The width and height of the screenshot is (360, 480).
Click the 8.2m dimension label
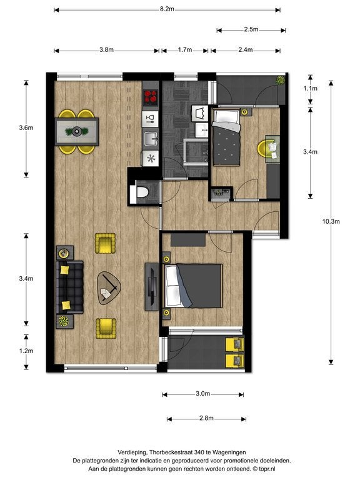tap(167, 9)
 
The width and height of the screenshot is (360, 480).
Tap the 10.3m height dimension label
tap(331, 221)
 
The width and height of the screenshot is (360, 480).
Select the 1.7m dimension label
tap(185, 49)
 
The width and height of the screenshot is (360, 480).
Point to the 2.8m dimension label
tap(206, 418)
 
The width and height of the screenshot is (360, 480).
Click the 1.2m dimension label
tap(26, 351)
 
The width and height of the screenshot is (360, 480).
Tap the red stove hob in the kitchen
tap(151, 97)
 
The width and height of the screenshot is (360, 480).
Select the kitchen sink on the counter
tap(150, 138)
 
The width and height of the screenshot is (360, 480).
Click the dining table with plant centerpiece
tap(77, 132)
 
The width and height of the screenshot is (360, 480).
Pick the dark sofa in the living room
tap(70, 287)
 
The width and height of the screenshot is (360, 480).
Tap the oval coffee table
tap(109, 288)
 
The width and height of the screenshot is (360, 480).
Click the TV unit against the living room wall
tap(152, 286)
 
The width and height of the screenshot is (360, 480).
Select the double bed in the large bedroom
tap(193, 286)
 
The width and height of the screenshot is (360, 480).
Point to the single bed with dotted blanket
tap(226, 138)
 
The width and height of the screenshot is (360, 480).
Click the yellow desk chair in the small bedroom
tap(263, 149)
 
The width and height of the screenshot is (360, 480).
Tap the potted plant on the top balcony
tap(280, 80)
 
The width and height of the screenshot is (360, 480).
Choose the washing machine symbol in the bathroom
tap(200, 114)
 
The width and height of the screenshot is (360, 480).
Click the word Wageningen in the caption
tap(229, 452)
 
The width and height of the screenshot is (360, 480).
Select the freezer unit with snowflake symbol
tap(151, 158)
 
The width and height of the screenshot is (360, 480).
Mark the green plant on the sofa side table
tap(64, 321)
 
